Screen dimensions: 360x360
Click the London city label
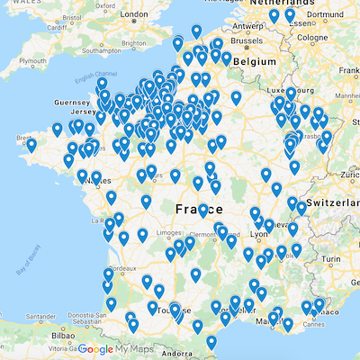tap(132, 14)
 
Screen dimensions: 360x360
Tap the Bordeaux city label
tap(123, 268)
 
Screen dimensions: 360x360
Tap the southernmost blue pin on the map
tap(211, 343)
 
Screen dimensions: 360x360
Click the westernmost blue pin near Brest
tap(31, 144)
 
